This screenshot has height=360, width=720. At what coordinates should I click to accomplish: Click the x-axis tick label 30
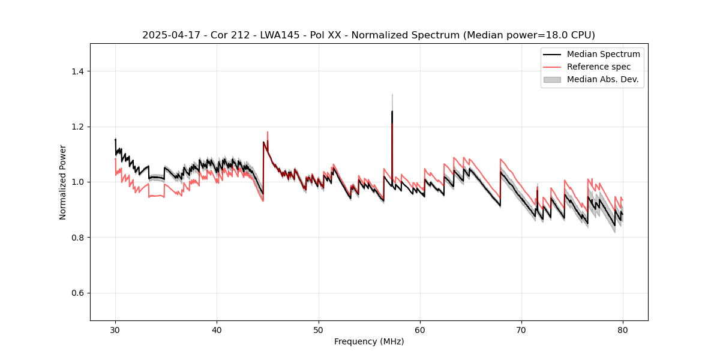click(x=116, y=329)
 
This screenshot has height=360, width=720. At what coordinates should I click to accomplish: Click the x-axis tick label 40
click(x=217, y=329)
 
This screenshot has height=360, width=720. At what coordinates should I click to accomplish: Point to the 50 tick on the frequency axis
click(x=319, y=329)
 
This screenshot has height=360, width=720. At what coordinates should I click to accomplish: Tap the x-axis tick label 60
click(x=420, y=329)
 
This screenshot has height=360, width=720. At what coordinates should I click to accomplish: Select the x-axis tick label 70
click(x=521, y=329)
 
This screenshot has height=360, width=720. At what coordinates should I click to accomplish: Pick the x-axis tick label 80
click(x=623, y=329)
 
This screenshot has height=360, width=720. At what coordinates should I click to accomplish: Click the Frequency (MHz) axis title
click(x=369, y=341)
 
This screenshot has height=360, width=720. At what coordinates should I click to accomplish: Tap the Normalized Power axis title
click(x=63, y=182)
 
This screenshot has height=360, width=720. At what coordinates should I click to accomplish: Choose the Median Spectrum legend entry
click(x=603, y=54)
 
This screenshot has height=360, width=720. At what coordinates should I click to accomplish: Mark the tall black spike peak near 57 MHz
click(x=392, y=111)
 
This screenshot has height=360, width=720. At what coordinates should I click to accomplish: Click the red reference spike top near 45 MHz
click(x=268, y=132)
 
